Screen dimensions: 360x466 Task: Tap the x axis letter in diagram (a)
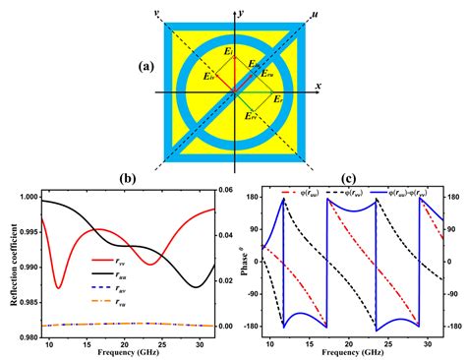pyautogui.click(x=319, y=88)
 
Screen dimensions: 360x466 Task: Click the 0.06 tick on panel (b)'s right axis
pyautogui.click(x=223, y=190)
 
